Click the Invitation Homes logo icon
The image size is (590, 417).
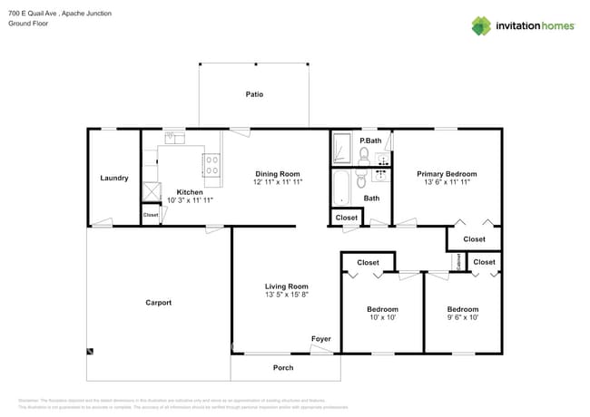[481, 25]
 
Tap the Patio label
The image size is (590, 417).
[255, 94]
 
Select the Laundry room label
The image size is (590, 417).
[113, 178]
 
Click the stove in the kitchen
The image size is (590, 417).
[211, 165]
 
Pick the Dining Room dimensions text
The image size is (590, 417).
[277, 182]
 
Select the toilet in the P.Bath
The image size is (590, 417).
[364, 155]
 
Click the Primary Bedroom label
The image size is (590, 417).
[447, 174]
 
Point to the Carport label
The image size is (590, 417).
[158, 303]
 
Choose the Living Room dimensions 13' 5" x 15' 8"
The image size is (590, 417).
[287, 295]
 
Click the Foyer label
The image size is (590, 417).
[321, 339]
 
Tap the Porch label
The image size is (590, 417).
[283, 368]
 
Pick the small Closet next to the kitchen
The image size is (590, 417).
[150, 215]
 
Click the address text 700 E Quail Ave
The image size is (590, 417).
[36, 13]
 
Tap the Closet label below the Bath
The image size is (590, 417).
[347, 218]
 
